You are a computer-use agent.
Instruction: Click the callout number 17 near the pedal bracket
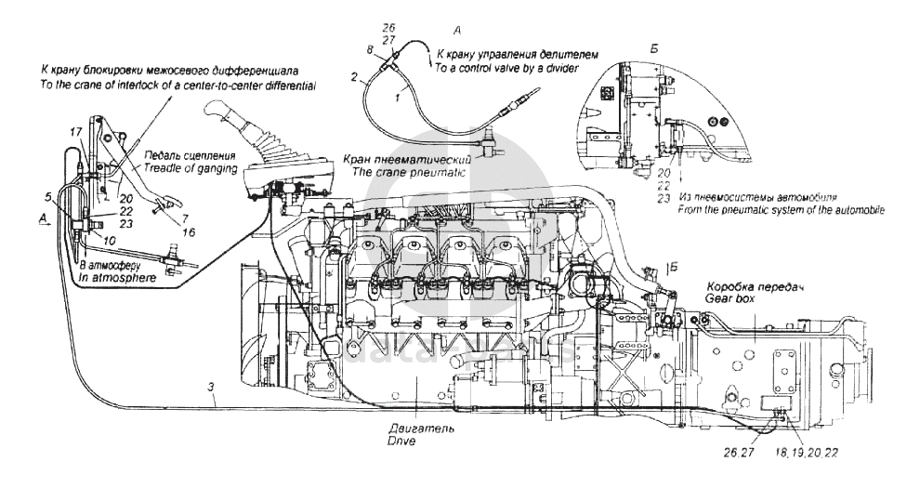click(x=75, y=133)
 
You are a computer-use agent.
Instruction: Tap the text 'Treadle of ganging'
click(x=190, y=168)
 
